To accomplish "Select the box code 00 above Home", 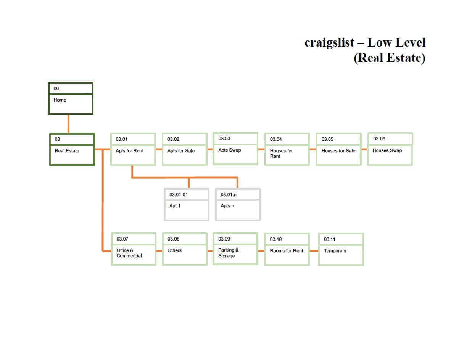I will (56, 89).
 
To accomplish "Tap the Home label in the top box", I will (60, 100).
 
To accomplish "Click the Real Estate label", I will (67, 151).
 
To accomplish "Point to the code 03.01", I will (122, 139).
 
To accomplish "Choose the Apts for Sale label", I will (181, 151).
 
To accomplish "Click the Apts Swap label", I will (230, 150).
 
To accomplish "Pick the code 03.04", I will (276, 139).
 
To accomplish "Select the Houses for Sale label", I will (338, 151).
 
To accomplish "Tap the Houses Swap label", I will (387, 150).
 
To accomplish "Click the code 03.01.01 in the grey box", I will (179, 195).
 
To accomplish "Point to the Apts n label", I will (227, 206).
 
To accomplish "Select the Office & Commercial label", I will (129, 253).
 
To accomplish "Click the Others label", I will (175, 250).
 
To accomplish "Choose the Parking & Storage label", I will (229, 253).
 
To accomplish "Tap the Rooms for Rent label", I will (287, 251).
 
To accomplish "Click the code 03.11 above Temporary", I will (330, 239).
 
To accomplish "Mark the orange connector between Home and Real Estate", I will (68, 124).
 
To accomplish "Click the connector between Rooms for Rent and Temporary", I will (314, 251).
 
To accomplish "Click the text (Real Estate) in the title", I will (390, 58).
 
